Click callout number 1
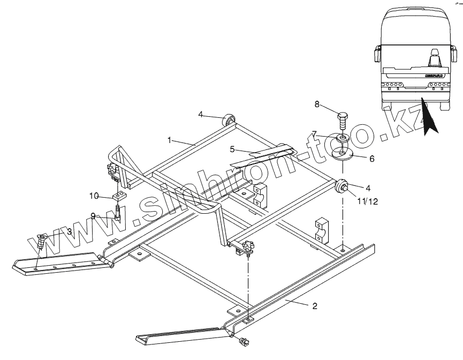[x=170, y=140]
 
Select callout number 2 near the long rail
[x=315, y=306]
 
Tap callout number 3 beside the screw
[x=69, y=231]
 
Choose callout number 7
[x=315, y=133]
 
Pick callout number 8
[x=317, y=105]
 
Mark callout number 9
[x=93, y=216]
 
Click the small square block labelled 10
[x=119, y=194]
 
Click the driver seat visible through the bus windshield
[x=434, y=56]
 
